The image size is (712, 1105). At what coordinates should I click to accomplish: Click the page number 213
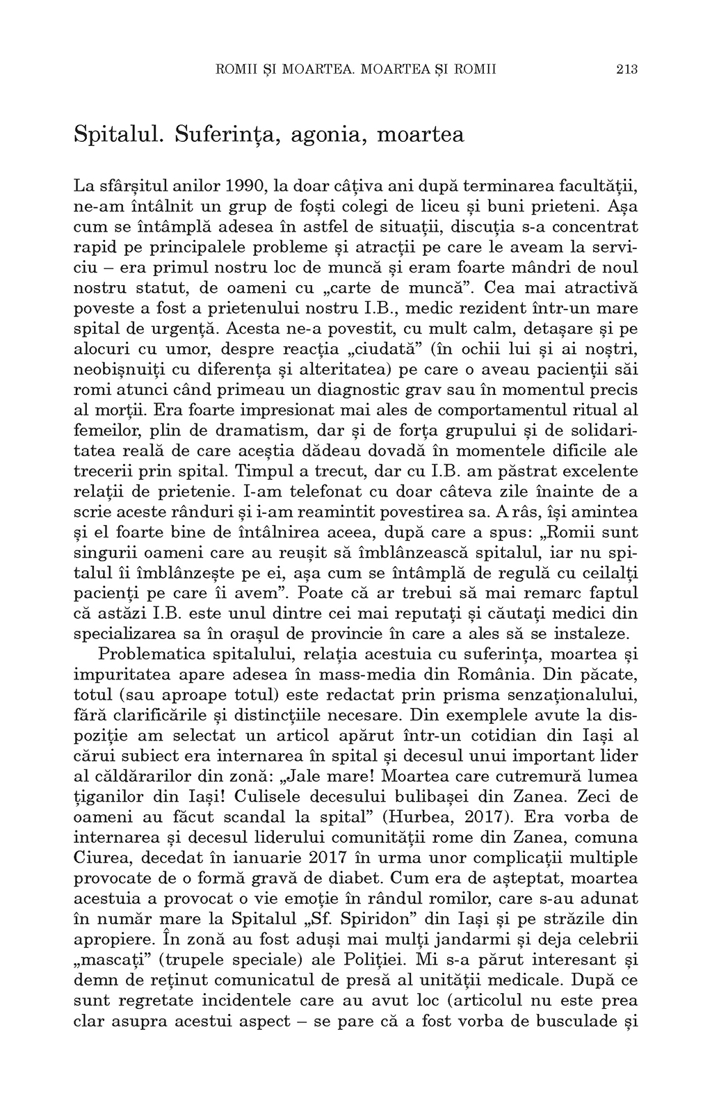coord(626,70)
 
